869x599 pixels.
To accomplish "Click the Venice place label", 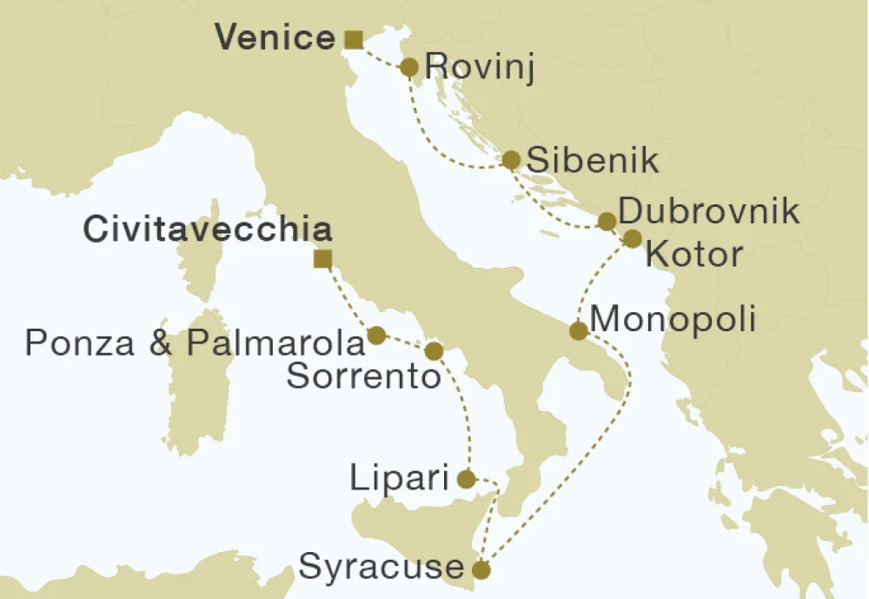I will coord(274,38).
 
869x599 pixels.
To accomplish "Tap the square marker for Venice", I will coord(353,39).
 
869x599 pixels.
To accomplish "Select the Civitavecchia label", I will coord(208,230).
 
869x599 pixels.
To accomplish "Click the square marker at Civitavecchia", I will coord(322,258).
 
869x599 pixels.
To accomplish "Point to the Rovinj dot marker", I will coord(410,67).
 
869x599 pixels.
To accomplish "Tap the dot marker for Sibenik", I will coord(511,160).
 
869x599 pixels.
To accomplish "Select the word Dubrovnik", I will coord(709,211).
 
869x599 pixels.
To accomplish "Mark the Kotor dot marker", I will coord(633,238).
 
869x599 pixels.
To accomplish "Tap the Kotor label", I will coord(695,255).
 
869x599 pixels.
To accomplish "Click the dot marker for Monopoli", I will coord(577,330).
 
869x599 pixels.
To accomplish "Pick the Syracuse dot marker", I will coord(480,570).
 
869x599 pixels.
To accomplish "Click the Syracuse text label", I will coord(381,568).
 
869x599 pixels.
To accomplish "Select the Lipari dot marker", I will coord(467,478).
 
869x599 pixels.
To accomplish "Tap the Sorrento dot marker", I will coord(434,350).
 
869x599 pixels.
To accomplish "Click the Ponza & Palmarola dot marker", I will coord(377,335).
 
